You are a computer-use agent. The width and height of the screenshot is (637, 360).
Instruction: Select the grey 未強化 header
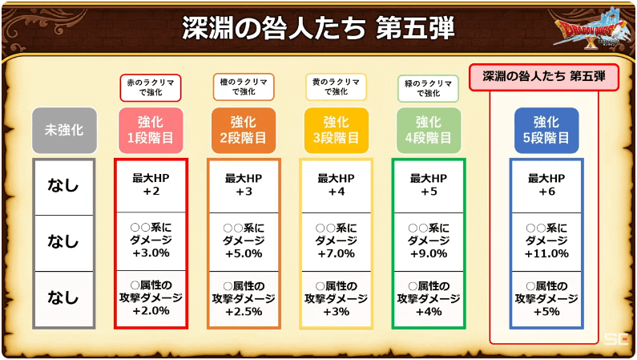tap(64, 131)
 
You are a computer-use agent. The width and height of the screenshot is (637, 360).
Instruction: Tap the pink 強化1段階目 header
tap(151, 131)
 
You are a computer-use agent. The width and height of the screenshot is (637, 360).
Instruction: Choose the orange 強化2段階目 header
tap(244, 131)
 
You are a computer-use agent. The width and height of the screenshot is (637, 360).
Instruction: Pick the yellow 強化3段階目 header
tap(336, 131)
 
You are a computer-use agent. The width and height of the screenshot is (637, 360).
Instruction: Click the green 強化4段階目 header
tap(429, 131)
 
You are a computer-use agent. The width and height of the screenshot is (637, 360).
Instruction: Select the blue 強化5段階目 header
tap(546, 131)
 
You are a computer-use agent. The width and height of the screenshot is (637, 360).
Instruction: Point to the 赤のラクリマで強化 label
tap(151, 87)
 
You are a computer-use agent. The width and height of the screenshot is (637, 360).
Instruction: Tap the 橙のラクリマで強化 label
tap(244, 87)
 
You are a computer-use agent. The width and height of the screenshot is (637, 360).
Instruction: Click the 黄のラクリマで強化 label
tap(336, 87)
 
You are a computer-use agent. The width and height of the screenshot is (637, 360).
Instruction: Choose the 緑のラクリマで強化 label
tap(428, 88)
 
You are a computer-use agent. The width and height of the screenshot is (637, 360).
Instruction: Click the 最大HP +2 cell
tap(151, 185)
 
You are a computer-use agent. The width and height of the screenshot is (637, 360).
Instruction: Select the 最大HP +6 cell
tap(546, 185)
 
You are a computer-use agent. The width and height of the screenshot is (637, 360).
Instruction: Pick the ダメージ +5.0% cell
tap(244, 241)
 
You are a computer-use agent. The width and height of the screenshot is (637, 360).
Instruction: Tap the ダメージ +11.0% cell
tap(546, 241)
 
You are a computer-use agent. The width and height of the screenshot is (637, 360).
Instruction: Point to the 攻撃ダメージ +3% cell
tap(337, 299)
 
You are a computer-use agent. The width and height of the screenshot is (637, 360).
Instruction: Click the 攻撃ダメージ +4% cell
tap(429, 299)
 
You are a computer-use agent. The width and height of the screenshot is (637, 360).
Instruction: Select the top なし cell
tap(64, 186)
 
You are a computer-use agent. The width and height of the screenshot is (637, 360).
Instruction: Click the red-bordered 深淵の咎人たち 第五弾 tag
tap(544, 77)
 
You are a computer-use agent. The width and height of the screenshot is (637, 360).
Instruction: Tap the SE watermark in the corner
tap(616, 339)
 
